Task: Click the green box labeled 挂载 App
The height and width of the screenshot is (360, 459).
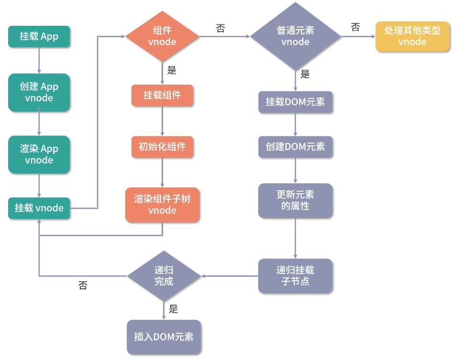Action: [39, 36]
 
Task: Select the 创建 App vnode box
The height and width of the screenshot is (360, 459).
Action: [39, 92]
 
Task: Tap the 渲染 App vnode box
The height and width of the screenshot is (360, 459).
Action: [39, 154]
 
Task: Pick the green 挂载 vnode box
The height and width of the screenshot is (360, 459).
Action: [39, 208]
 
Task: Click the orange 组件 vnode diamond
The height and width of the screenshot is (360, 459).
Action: [162, 36]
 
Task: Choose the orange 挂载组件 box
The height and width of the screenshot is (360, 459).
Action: [162, 95]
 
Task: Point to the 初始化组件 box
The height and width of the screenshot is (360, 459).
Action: [162, 147]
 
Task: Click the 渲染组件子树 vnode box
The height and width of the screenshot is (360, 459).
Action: [162, 205]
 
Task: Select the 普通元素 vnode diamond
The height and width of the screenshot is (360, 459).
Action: [295, 36]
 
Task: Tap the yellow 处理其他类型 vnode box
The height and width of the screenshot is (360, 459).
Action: [412, 36]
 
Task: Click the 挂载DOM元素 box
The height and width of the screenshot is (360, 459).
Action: [295, 102]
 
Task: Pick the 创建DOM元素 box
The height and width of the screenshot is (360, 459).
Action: [295, 147]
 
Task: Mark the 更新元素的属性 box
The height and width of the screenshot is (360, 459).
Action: [295, 201]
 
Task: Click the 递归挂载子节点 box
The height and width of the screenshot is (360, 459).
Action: [295, 276]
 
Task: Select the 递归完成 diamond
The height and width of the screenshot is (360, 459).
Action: [164, 276]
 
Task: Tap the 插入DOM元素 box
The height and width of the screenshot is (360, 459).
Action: [164, 337]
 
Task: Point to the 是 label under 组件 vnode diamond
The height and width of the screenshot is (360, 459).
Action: [172, 70]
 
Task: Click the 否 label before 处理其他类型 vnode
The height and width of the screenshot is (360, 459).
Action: [355, 27]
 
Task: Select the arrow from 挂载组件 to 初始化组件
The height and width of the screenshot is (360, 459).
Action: [162, 121]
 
